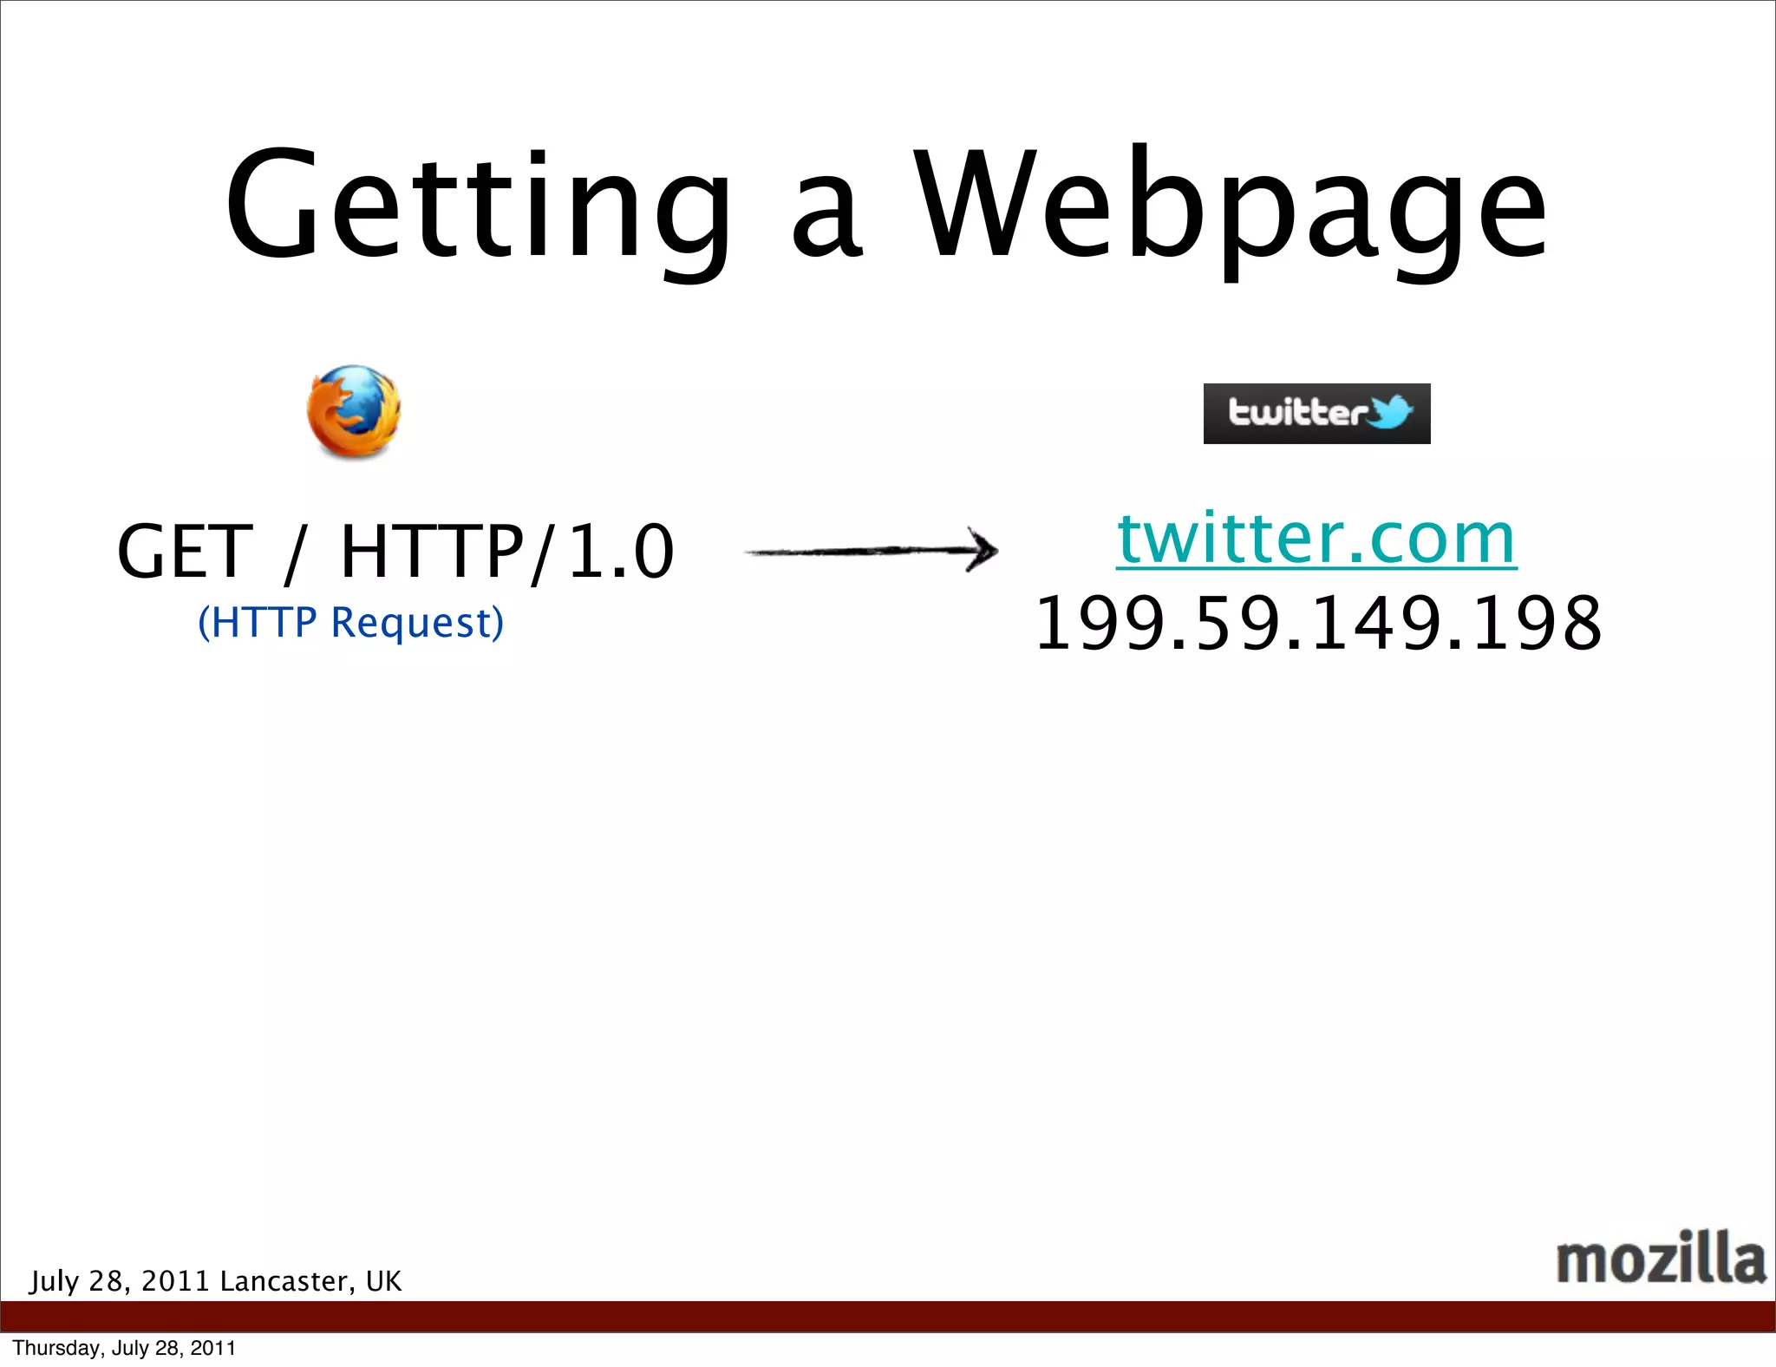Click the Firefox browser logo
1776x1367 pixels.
click(354, 412)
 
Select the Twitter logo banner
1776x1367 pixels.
click(1316, 414)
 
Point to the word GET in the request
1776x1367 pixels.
click(185, 552)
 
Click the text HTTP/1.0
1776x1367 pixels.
click(507, 552)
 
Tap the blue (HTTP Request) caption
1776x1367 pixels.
click(350, 623)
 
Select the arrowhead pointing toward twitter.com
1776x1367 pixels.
click(984, 550)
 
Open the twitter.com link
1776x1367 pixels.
click(1316, 539)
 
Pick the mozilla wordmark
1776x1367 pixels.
click(1660, 1258)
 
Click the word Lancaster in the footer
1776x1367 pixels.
click(287, 1281)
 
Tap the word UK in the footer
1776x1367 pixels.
click(384, 1281)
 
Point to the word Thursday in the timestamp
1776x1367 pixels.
click(45, 1348)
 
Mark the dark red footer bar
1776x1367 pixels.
click(888, 1316)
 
